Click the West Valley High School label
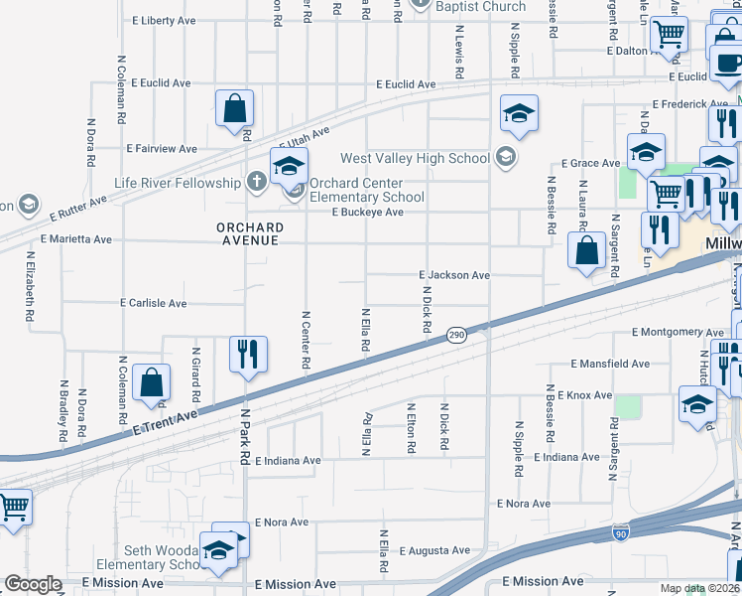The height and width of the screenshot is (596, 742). [415, 158]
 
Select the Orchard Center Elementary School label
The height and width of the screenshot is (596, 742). [366, 190]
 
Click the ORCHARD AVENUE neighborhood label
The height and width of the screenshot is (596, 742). [250, 233]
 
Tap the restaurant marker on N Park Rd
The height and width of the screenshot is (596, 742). [246, 355]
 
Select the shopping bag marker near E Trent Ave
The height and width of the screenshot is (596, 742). [152, 382]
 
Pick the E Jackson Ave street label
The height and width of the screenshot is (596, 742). [454, 275]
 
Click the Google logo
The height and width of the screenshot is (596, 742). [33, 585]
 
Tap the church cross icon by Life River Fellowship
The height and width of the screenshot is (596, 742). [256, 182]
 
